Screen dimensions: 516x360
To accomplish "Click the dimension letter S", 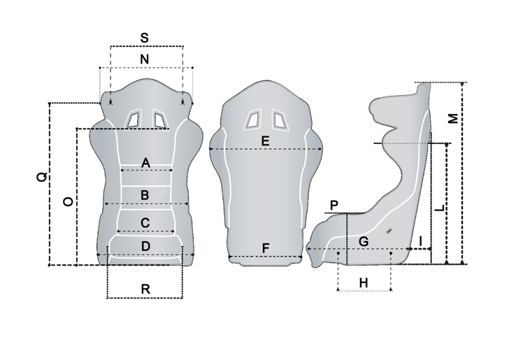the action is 145,38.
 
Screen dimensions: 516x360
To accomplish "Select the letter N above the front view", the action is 145,59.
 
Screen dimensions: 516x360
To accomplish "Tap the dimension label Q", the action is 42,177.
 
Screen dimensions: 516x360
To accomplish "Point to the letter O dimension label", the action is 68,201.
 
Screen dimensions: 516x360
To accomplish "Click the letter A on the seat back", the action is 146,163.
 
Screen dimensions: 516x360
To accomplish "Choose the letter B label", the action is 145,195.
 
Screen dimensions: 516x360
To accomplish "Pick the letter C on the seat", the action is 145,223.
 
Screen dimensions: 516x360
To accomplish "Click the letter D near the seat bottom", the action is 145,247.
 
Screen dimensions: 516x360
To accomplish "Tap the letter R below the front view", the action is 145,289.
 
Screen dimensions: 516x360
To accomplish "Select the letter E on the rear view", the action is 265,141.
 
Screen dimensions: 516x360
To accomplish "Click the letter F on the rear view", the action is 266,248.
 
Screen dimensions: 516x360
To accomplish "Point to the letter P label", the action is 334,206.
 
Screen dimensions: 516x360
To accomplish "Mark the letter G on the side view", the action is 364,242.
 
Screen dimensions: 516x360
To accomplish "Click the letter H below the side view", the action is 364,282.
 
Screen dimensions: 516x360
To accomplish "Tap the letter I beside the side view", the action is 421,242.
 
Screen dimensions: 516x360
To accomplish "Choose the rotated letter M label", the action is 453,118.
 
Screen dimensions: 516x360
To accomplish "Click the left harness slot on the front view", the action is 134,118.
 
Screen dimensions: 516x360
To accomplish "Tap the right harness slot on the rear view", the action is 280,120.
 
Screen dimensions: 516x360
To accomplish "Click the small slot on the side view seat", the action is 389,231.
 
